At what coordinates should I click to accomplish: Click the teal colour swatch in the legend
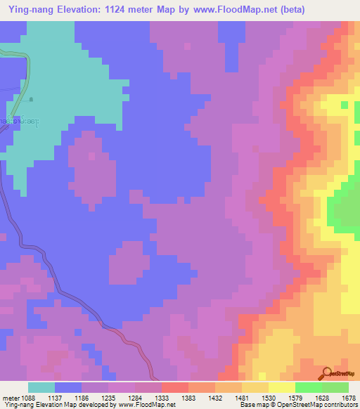pos(41,387)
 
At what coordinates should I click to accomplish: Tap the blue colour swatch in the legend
pos(68,387)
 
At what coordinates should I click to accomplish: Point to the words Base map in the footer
pos(250,405)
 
